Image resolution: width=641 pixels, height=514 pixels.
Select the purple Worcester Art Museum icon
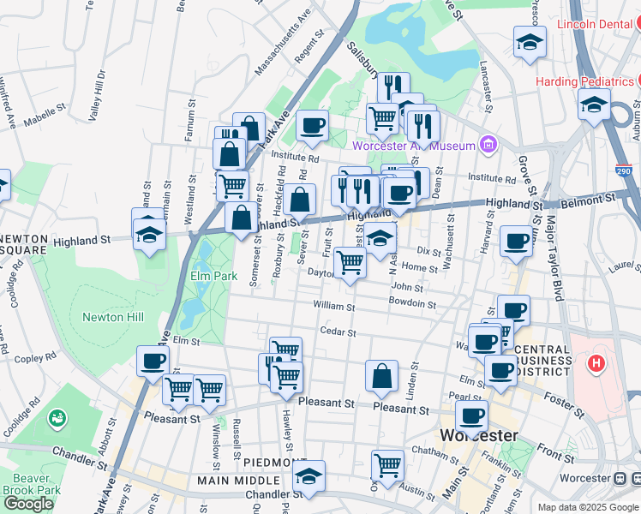[x=488, y=143]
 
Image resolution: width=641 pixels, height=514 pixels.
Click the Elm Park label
[x=213, y=277]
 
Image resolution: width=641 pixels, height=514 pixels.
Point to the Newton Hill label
[x=110, y=317]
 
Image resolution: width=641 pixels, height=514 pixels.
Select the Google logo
[x=28, y=504]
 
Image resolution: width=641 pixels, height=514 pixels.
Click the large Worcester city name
[x=477, y=435]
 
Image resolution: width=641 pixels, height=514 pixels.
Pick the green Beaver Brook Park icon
[x=57, y=419]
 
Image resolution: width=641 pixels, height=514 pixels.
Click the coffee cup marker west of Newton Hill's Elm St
[x=153, y=361]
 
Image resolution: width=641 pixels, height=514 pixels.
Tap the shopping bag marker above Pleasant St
[x=381, y=374]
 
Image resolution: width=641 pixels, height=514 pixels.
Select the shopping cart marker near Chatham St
[x=388, y=465]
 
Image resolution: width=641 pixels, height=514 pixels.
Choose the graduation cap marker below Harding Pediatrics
[x=593, y=105]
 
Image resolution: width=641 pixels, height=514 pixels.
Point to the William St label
[x=334, y=306]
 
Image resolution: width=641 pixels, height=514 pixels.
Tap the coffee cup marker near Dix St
[x=516, y=241]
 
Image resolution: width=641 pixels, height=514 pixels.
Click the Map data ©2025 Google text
[x=587, y=507]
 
